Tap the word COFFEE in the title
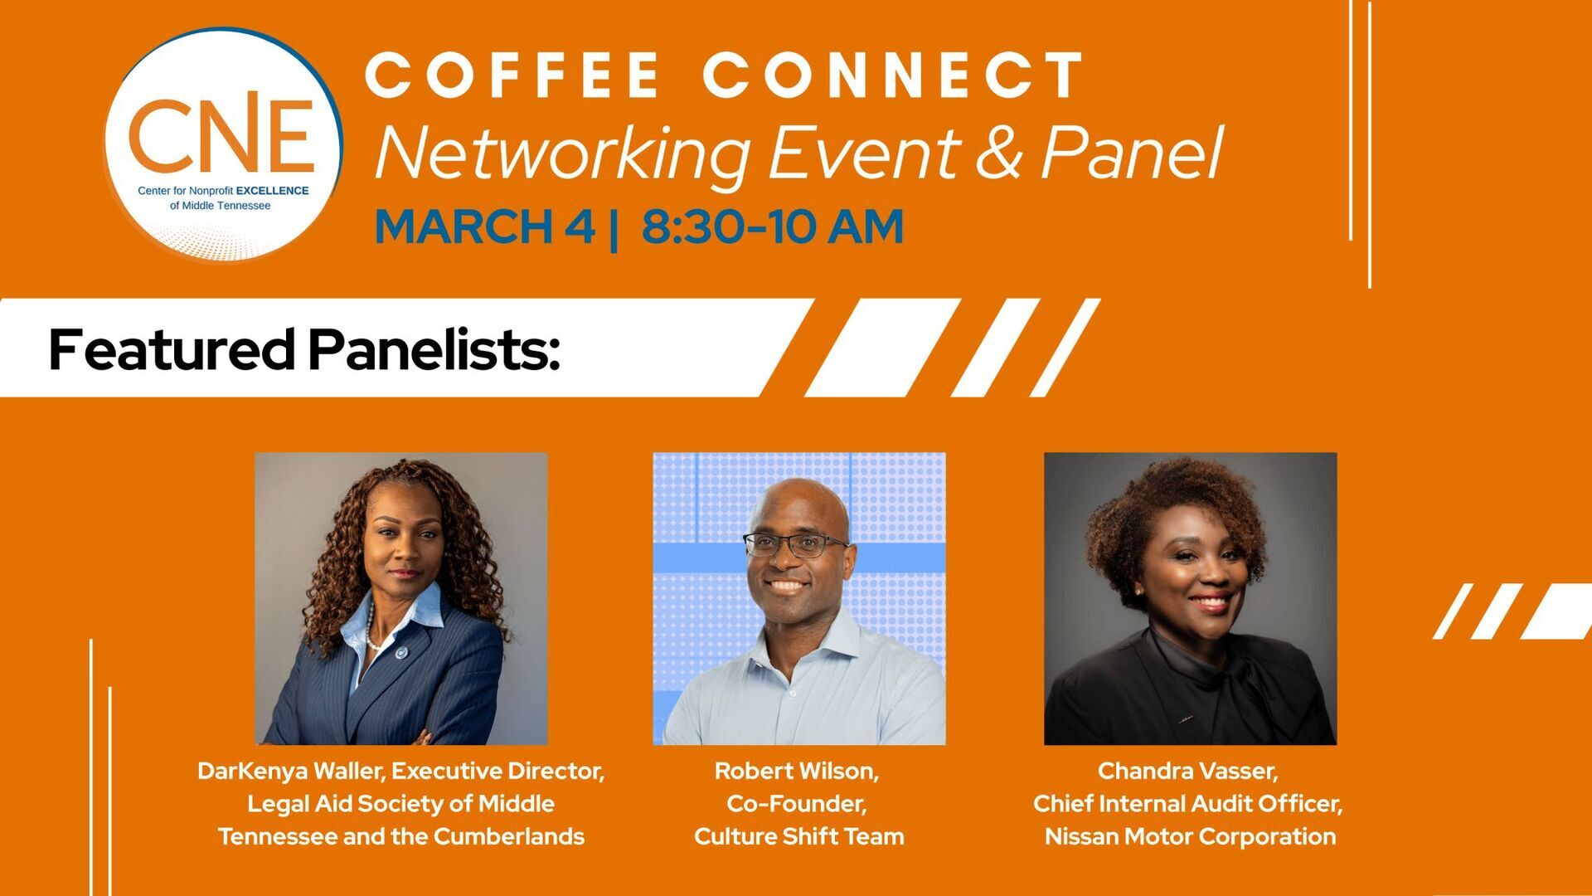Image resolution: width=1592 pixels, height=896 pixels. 512,75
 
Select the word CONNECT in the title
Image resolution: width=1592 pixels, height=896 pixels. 894,75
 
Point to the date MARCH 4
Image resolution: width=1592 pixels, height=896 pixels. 485,226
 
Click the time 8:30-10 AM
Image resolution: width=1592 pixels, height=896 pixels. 772,226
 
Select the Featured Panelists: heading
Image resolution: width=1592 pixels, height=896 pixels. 304,349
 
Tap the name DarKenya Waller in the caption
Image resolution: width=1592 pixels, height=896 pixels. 290,772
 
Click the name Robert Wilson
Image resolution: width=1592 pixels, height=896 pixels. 794,772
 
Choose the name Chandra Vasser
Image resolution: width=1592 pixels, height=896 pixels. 1186,772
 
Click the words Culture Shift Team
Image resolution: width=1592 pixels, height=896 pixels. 799,836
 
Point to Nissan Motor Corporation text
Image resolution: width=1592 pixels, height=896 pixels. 1191,836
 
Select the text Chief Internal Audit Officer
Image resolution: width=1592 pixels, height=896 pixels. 1186,804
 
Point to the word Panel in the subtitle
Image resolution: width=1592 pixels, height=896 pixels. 1132,153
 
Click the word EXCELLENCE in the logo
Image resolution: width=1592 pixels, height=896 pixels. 272,191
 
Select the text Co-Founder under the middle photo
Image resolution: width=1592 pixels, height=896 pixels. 795,804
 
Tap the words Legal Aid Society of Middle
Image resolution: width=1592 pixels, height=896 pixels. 401,804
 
